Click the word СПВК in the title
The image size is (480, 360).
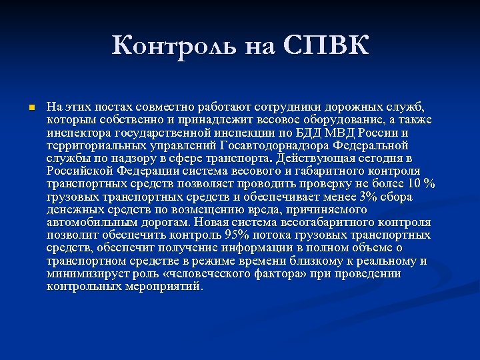(x=327, y=46)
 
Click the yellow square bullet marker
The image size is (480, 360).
(x=23, y=107)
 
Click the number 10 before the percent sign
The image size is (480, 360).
(x=415, y=183)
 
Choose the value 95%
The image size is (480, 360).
(x=236, y=235)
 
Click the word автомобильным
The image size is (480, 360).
(x=87, y=222)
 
